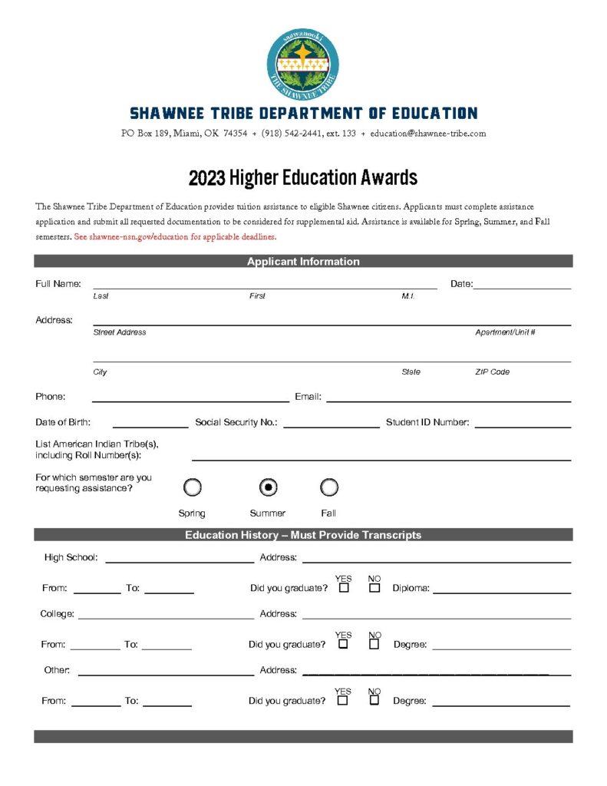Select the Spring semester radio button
click(x=193, y=487)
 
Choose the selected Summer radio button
click(x=268, y=487)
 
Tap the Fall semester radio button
click(x=328, y=487)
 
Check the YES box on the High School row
click(x=344, y=588)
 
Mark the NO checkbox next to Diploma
click(x=374, y=588)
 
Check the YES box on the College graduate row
click(x=344, y=644)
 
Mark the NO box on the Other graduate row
click(x=374, y=700)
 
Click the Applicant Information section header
click(x=303, y=262)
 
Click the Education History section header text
click(x=303, y=535)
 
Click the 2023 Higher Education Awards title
click(x=303, y=178)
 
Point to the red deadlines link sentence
click(x=175, y=237)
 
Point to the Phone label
click(x=51, y=397)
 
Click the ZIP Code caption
click(x=492, y=372)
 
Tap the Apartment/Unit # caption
click(x=505, y=332)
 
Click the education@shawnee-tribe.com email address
click(x=428, y=134)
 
